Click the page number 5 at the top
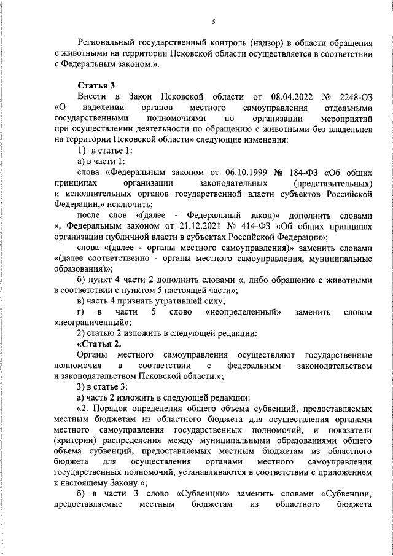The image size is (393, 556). click(x=214, y=22)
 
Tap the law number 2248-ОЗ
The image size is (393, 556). click(x=355, y=97)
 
